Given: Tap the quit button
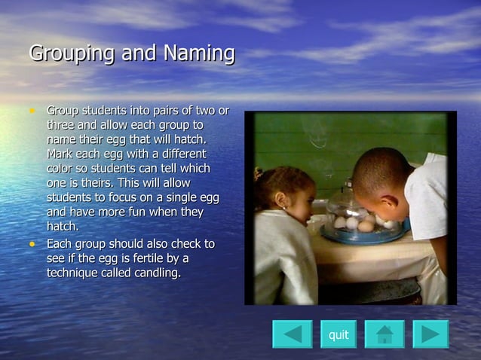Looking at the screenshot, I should pyautogui.click(x=339, y=334).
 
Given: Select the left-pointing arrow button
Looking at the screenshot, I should pyautogui.click(x=292, y=334).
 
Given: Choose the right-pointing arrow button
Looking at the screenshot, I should pyautogui.click(x=430, y=334).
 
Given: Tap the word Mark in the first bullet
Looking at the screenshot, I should pyautogui.click(x=61, y=154).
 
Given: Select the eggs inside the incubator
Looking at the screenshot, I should pyautogui.click(x=359, y=224).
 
